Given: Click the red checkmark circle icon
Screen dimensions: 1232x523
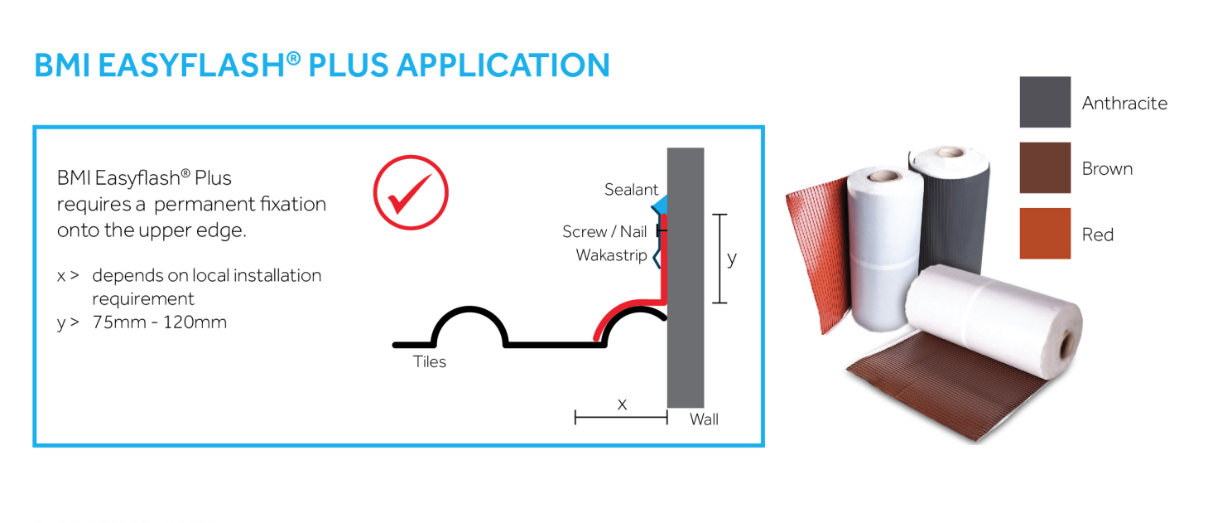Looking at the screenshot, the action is [x=411, y=192].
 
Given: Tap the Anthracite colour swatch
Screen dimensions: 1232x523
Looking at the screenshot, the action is [x=1045, y=102].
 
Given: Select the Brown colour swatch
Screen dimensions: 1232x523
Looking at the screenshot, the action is [x=1045, y=168].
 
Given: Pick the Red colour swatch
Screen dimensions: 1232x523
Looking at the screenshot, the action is [x=1045, y=234].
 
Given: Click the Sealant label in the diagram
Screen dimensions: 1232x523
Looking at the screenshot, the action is [x=631, y=190].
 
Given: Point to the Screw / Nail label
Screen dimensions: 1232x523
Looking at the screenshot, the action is [x=604, y=232].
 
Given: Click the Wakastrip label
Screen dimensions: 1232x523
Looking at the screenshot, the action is [x=611, y=255].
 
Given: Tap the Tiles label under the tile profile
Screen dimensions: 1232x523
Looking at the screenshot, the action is [x=430, y=361].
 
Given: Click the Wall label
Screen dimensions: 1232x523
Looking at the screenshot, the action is [x=704, y=419].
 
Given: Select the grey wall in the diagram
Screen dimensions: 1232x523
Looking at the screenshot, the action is [x=686, y=278].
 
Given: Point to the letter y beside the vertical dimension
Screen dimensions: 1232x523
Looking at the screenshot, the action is [x=732, y=259].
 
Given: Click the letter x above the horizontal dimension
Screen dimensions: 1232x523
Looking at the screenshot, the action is [x=622, y=404].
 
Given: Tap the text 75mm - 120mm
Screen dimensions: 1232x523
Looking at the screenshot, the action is [x=160, y=322].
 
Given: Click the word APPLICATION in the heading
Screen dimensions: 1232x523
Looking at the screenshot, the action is [x=503, y=65].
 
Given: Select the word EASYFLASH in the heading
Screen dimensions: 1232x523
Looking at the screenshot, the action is [x=191, y=65].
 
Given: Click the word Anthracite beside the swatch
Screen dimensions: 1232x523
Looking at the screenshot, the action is [x=1124, y=103].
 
